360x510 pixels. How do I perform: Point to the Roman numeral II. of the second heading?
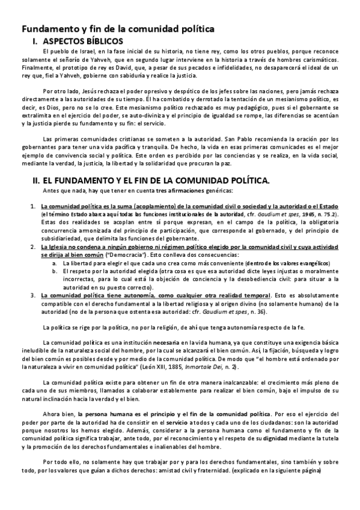[35, 179]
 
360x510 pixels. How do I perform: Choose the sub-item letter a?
[55, 263]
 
